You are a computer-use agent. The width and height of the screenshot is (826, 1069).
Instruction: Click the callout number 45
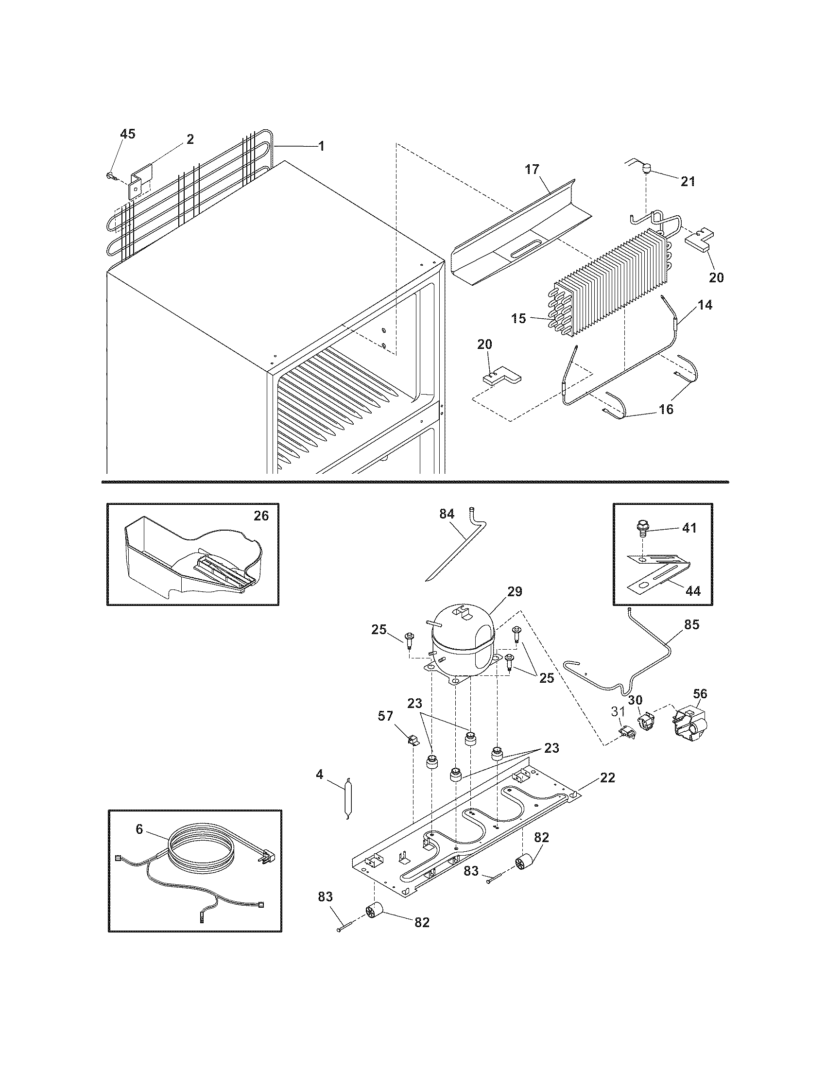(x=128, y=134)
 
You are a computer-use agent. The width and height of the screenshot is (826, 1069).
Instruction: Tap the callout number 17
(x=532, y=170)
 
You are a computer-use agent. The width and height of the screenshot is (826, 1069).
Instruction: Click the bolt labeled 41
(x=640, y=528)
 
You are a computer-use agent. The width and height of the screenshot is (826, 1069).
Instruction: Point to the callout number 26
(x=261, y=516)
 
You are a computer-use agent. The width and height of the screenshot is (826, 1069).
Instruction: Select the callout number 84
(x=447, y=514)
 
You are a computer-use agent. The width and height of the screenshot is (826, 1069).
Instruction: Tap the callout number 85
(x=692, y=624)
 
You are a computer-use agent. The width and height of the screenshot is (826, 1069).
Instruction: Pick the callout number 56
(x=700, y=693)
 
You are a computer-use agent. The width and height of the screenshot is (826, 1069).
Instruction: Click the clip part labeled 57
(x=413, y=740)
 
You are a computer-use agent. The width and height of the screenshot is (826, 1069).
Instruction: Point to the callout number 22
(x=607, y=777)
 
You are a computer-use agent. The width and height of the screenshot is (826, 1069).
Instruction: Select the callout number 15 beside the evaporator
(x=519, y=319)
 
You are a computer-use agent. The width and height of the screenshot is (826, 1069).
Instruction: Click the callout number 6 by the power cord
(x=139, y=829)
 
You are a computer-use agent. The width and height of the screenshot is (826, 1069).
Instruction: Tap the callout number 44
(x=692, y=591)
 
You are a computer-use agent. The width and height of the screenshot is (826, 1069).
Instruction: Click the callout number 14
(x=705, y=305)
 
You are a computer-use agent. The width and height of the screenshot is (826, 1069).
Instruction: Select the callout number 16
(x=666, y=409)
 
